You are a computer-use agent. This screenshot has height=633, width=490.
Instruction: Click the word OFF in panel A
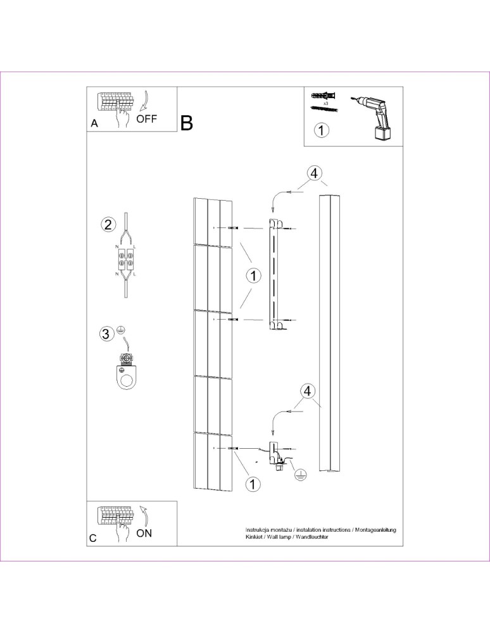point(146,118)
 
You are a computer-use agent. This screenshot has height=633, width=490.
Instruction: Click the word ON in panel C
point(144,533)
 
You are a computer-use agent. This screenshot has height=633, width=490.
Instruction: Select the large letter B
point(187,123)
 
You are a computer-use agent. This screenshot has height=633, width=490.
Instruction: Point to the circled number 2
point(108,224)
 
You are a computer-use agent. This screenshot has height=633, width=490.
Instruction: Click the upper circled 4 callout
point(314,173)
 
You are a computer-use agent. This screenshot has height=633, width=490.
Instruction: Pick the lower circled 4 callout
point(306,391)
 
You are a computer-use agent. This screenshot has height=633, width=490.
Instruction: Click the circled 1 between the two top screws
point(253,277)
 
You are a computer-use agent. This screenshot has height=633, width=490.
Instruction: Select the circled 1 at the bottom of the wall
point(253,484)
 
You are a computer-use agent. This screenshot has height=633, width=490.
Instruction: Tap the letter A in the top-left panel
point(94,124)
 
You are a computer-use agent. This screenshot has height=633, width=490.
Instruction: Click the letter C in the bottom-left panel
point(94,538)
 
